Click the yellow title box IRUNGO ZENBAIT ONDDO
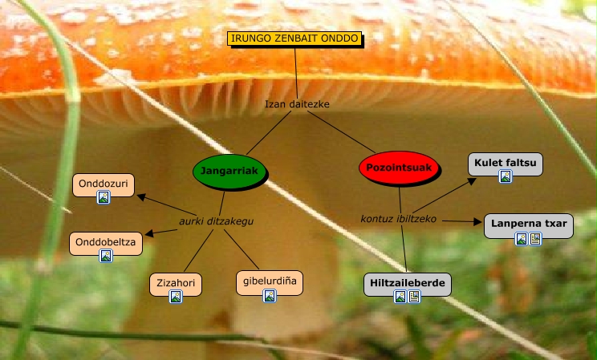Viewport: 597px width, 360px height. [294, 38]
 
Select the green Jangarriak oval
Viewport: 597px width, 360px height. [230, 171]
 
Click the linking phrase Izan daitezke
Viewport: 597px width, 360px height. [298, 103]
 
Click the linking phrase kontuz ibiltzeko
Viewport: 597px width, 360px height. [399, 218]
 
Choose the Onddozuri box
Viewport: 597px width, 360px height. [103, 183]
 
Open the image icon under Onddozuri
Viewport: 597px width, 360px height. [103, 197]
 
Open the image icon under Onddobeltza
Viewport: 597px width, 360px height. [105, 256]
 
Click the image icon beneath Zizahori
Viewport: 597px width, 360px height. [175, 297]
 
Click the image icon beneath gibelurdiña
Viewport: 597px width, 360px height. [270, 296]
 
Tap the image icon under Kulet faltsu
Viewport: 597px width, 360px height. [505, 176]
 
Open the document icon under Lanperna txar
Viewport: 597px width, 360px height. [535, 238]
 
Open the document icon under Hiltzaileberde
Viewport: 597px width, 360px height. [414, 297]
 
